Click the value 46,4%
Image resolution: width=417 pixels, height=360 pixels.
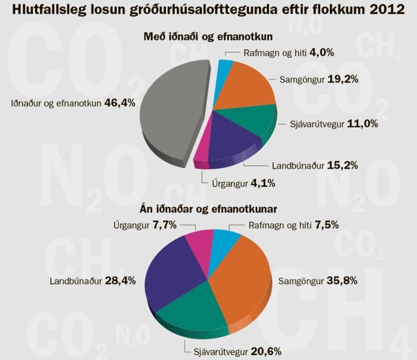(120, 103)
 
